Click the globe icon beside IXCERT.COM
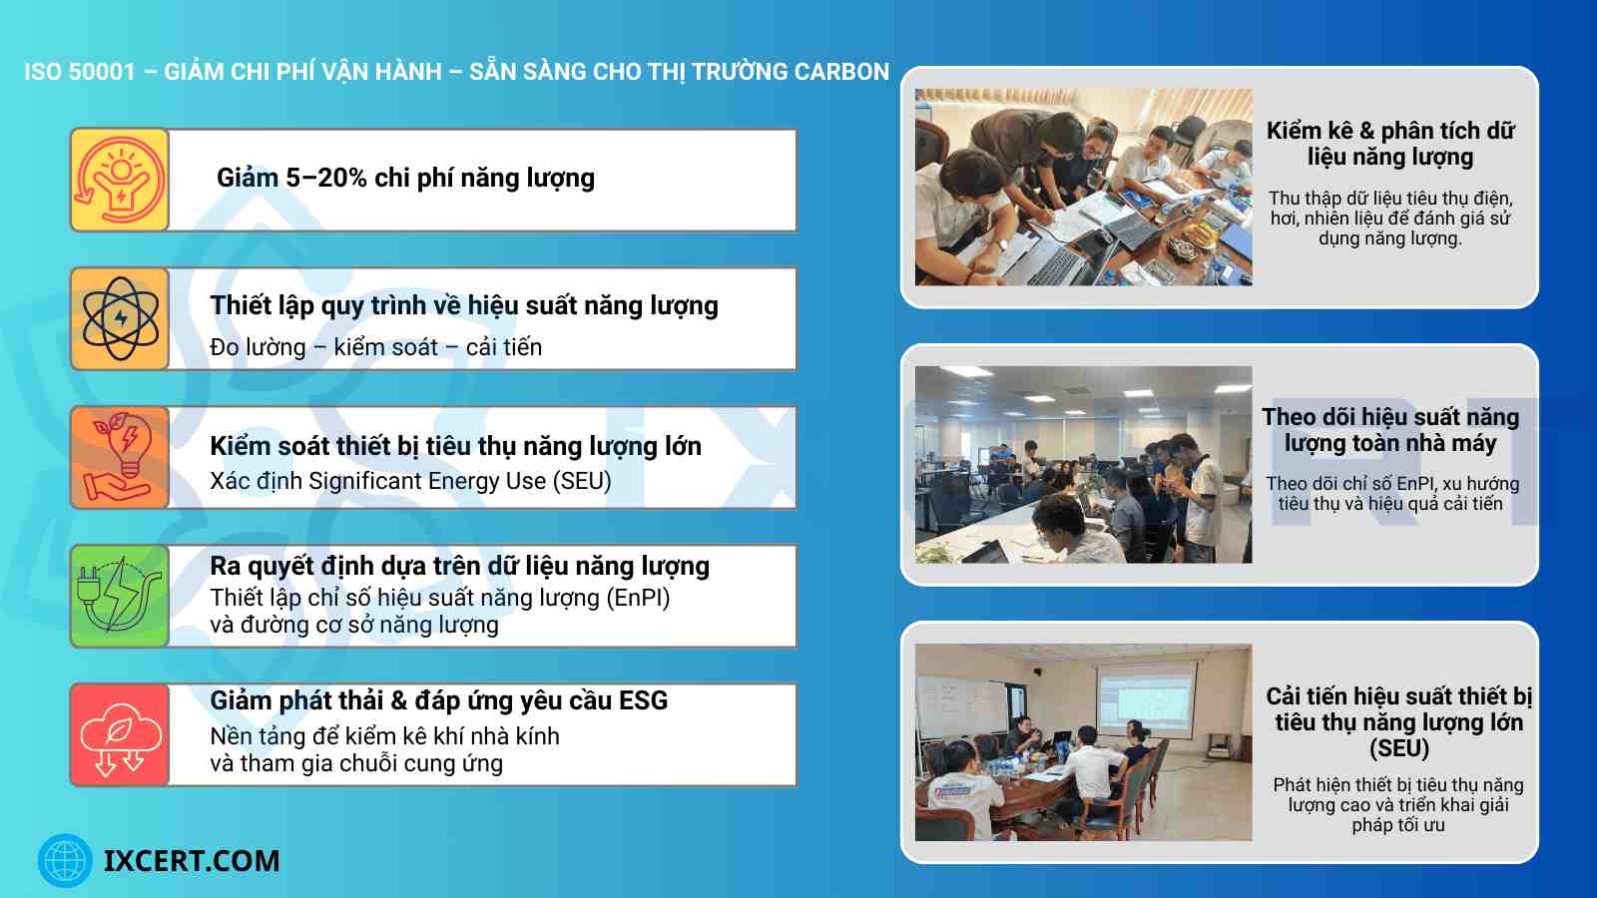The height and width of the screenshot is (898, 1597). pos(65,860)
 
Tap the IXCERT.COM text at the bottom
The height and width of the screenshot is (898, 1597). pos(192,860)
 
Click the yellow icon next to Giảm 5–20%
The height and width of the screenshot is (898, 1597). pos(120,181)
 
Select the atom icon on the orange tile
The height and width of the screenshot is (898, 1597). pos(120,319)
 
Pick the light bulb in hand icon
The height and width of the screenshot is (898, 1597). pos(120,458)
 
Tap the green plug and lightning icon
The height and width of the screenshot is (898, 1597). pos(120,596)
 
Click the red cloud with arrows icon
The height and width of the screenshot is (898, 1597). pos(120,735)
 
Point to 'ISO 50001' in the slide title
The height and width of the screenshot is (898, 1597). pos(80,72)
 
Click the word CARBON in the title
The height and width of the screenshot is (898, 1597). pos(842,72)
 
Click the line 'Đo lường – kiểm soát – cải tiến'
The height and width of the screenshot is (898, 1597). pos(375,347)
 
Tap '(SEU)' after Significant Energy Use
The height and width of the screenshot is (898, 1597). pos(583,481)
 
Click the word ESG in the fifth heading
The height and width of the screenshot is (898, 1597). pos(643,700)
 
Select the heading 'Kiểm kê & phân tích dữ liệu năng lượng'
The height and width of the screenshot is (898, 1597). pos(1389,144)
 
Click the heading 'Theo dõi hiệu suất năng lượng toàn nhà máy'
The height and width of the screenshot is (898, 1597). pos(1389,430)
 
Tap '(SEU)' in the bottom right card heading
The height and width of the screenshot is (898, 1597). pos(1398,748)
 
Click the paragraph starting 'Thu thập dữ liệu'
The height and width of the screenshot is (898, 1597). pos(1389,219)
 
